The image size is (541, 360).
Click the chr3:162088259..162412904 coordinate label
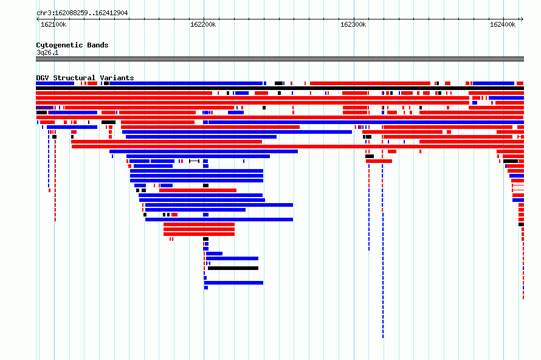pyautogui.click(x=82, y=13)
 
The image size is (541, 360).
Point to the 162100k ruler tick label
pyautogui.click(x=53, y=24)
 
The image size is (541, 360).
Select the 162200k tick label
pyautogui.click(x=203, y=24)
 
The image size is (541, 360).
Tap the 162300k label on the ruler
pyautogui.click(x=353, y=24)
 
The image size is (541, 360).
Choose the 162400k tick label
pyautogui.click(x=503, y=24)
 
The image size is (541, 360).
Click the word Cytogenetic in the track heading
pyautogui.click(x=60, y=45)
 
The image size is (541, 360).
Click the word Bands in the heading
pyautogui.click(x=98, y=45)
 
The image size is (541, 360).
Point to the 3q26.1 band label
pyautogui.click(x=47, y=52)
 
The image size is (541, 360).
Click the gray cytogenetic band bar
pyautogui.click(x=280, y=59)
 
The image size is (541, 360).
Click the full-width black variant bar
pyautogui.click(x=280, y=88)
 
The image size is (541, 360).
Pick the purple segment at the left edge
pyautogui.click(x=44, y=108)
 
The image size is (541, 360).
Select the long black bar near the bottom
pyautogui.click(x=233, y=268)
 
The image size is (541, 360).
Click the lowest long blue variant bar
pyautogui.click(x=233, y=283)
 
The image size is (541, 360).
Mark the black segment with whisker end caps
pyautogui.click(x=195, y=161)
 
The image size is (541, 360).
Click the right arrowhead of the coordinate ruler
pyautogui.click(x=522, y=19)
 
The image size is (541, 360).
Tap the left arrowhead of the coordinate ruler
pyautogui.click(x=38, y=19)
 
